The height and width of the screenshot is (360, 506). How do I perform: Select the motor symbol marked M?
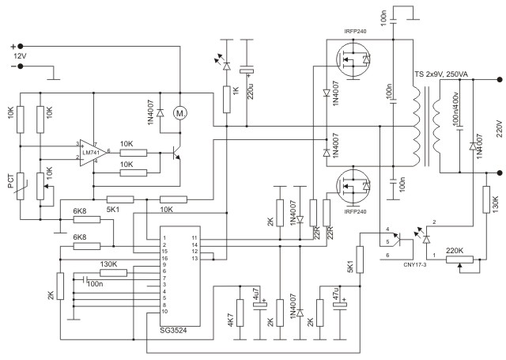(179, 114)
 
